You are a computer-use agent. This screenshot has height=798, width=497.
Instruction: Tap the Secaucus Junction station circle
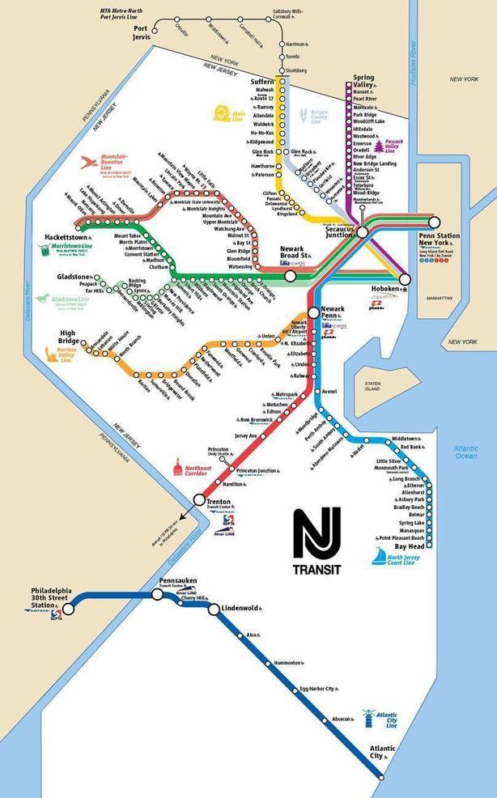pyautogui.click(x=363, y=231)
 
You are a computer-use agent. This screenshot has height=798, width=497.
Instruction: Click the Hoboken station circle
pyautogui.click(x=405, y=278)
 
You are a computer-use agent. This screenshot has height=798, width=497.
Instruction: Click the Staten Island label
pyautogui.click(x=374, y=386)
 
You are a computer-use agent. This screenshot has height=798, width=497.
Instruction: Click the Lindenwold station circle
pyautogui.click(x=214, y=609)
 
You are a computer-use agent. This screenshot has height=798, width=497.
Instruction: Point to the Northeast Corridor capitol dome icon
pyautogui.click(x=179, y=467)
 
